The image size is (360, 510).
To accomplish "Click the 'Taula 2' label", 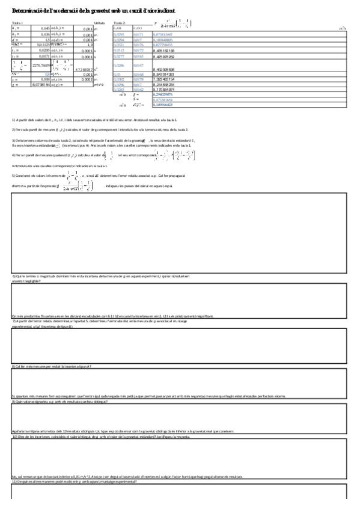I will [119, 23].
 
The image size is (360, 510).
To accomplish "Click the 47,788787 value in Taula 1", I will [82, 70].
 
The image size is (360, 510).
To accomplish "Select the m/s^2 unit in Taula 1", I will [99, 85].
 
